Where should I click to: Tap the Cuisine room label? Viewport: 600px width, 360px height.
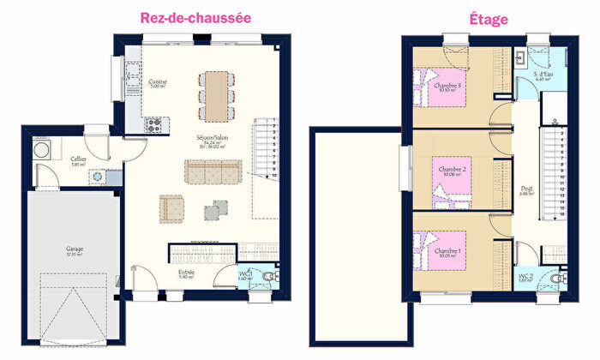coord(158,82)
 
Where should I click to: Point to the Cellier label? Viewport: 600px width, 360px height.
coord(77,160)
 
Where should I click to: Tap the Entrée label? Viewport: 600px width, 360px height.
coord(187,273)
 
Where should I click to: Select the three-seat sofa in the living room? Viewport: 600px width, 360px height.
coord(214,172)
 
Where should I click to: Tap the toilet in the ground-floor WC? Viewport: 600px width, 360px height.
coord(272,277)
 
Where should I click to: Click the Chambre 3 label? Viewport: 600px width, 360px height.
coord(449,86)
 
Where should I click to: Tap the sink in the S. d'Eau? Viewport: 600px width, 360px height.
coord(522,58)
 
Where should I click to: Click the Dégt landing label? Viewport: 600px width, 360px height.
coord(526,189)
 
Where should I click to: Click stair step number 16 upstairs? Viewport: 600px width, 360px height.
coord(561,214)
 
